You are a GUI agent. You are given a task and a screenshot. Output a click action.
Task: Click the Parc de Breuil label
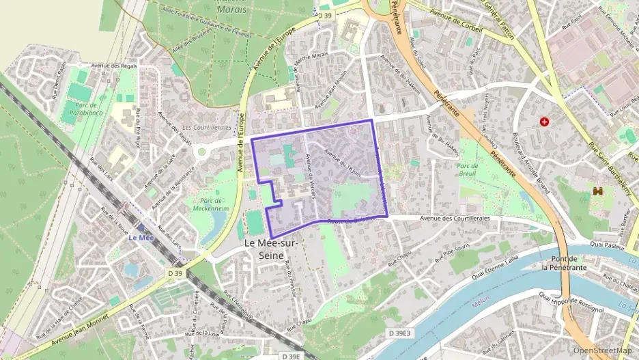[x=467, y=169]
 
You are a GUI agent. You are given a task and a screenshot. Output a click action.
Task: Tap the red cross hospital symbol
[x=544, y=122]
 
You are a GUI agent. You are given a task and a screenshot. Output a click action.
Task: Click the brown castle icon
[x=599, y=191]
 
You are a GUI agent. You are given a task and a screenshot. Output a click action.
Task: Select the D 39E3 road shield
[x=399, y=333]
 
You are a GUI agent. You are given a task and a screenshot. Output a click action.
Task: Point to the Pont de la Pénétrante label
[x=564, y=263]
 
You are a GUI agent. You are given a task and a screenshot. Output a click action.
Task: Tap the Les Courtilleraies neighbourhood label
[x=207, y=128]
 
